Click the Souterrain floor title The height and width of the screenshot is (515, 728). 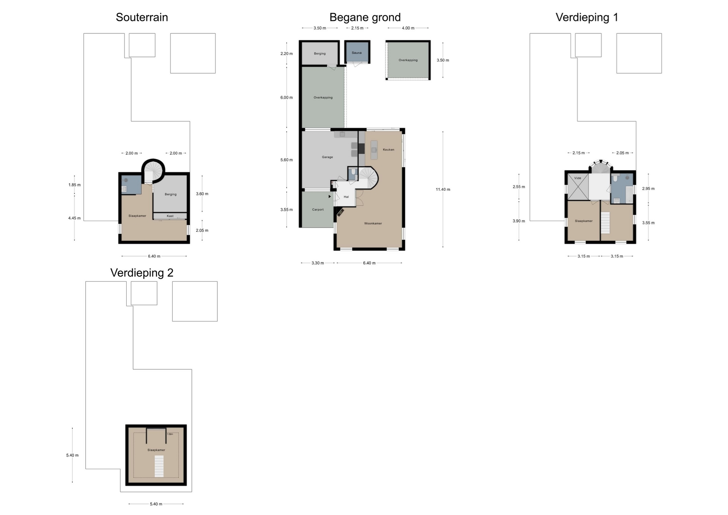point(142,17)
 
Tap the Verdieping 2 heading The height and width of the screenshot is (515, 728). point(142,273)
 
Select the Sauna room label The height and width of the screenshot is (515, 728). point(356,53)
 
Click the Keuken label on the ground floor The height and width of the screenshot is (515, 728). point(388,149)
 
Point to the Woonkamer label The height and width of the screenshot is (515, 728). point(373,223)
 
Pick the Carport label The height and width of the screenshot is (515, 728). point(318,210)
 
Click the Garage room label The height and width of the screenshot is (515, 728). point(327,157)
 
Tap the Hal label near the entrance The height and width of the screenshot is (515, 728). point(346,197)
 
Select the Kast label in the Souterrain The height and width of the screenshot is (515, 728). point(170,216)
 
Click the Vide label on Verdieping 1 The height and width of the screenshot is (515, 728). point(577,178)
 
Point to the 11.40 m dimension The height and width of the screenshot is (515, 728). point(443,189)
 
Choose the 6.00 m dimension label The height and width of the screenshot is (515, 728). point(287,97)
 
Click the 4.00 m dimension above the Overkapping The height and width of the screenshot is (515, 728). point(408,28)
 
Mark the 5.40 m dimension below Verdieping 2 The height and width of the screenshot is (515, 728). point(156,504)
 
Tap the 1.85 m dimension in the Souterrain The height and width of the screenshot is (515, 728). point(74,185)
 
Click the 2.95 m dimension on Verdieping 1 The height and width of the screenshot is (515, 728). point(648,188)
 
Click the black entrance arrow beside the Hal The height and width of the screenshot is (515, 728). point(329,196)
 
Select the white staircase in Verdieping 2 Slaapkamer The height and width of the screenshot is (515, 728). point(159,466)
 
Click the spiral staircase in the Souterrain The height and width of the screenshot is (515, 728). point(153,170)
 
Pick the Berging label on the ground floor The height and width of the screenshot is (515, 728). point(320,53)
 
